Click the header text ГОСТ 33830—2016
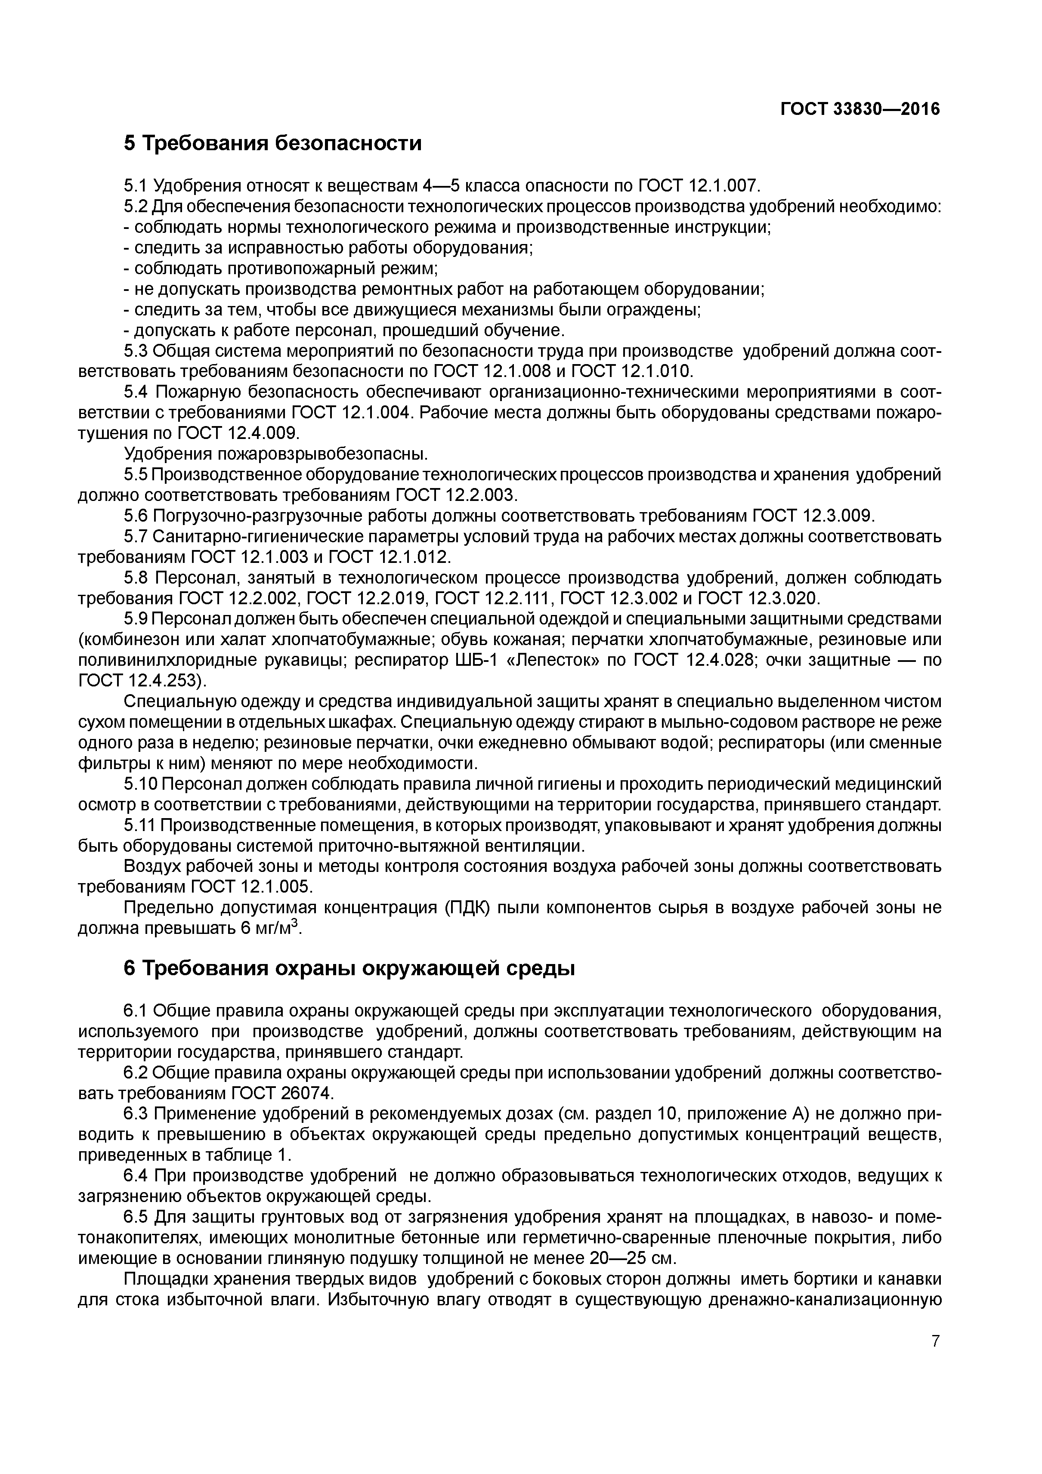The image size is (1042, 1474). [860, 109]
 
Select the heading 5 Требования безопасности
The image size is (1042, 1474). [273, 142]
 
